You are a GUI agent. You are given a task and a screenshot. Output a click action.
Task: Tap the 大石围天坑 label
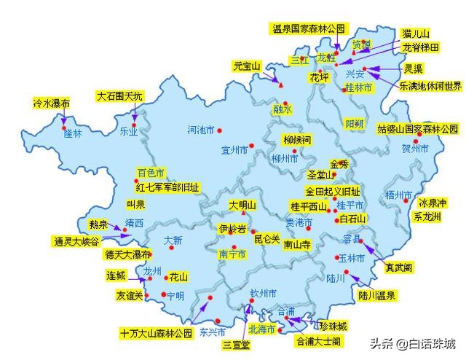(120, 96)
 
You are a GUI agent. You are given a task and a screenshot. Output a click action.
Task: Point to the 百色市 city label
(151, 173)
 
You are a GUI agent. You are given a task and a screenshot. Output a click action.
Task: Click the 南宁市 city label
(233, 254)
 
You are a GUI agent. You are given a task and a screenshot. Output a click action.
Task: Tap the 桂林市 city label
(358, 87)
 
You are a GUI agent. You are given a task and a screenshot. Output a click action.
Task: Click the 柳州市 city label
(285, 158)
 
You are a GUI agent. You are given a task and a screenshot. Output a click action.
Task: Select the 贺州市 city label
(416, 149)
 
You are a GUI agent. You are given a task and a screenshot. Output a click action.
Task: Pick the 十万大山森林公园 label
(156, 333)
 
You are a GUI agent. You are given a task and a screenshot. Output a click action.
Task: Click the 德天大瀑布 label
(127, 254)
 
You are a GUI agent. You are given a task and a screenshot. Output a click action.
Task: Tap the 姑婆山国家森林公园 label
(417, 129)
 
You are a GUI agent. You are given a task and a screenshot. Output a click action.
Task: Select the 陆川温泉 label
(376, 295)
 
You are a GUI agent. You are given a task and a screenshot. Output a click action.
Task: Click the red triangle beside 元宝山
(280, 85)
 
